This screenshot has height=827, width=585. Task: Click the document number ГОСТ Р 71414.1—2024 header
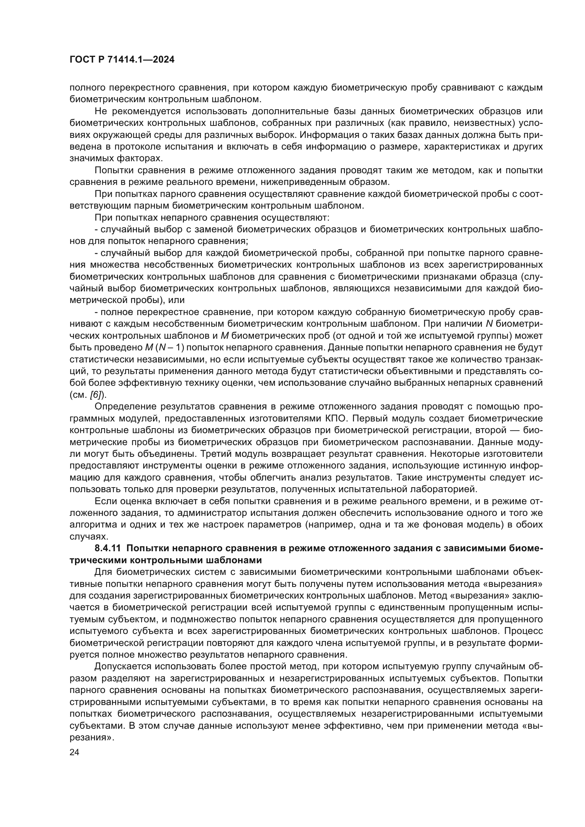point(122,60)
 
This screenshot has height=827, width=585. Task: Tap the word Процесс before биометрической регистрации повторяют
point(523,631)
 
